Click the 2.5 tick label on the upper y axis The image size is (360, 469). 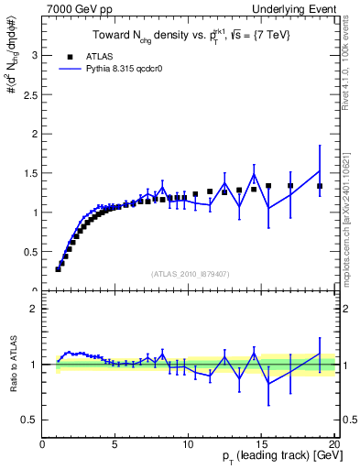click(x=31, y=94)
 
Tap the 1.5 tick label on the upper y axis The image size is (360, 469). click(x=31, y=173)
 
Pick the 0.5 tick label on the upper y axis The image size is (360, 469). click(x=31, y=252)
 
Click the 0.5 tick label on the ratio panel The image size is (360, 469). click(x=31, y=420)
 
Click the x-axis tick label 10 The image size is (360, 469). click(x=188, y=444)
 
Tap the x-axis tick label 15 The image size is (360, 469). click(x=261, y=444)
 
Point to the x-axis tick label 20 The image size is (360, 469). click(x=333, y=444)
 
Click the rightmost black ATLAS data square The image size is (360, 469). click(x=320, y=186)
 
